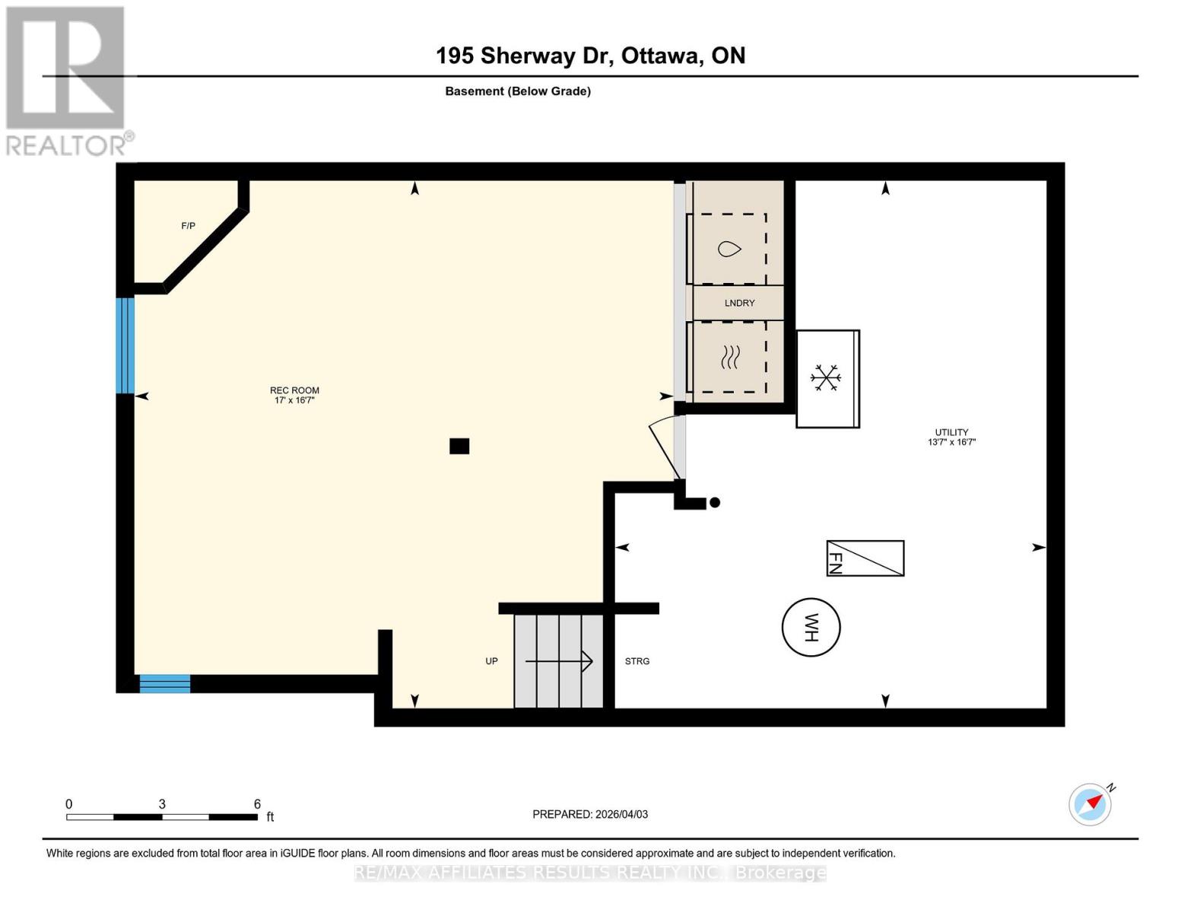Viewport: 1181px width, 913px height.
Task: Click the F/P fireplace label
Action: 188,226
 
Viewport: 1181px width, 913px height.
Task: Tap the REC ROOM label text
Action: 294,390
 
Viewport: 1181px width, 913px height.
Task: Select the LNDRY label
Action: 739,303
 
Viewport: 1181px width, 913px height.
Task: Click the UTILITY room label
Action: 951,432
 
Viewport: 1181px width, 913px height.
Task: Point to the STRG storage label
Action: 637,661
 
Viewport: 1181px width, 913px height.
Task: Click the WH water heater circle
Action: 811,628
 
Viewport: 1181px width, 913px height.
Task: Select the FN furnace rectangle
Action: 865,558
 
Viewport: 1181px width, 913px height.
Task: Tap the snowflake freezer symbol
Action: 825,377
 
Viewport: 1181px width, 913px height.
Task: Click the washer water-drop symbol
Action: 729,249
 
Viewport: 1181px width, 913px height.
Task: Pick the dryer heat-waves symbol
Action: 730,357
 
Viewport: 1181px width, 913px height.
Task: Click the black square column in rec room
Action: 459,446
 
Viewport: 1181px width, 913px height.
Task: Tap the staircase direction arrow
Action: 559,661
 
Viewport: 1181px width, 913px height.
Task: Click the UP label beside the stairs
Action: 491,661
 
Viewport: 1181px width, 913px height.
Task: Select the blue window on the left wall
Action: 125,345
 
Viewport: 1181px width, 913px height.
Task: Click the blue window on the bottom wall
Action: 164,683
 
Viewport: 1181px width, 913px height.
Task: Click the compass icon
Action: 1091,803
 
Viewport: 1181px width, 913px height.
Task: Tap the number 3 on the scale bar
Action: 162,804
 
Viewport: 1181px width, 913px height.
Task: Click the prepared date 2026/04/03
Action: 621,814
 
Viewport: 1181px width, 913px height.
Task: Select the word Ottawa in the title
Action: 662,56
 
